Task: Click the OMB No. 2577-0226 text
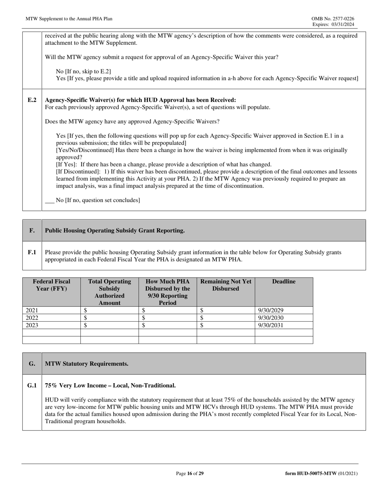[x=332, y=19]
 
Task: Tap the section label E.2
[x=32, y=100]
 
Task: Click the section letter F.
[x=32, y=230]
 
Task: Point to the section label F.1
[x=32, y=252]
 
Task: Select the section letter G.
[x=32, y=364]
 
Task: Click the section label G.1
[x=32, y=386]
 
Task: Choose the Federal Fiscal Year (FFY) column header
[x=52, y=285]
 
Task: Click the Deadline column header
[x=284, y=282]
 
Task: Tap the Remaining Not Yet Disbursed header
[x=226, y=285]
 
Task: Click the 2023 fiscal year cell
[x=32, y=325]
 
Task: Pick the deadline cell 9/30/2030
[x=271, y=318]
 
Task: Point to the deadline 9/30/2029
[x=271, y=310]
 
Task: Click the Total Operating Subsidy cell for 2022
[x=109, y=318]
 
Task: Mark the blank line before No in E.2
[x=50, y=201]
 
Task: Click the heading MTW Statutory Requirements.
[x=87, y=364]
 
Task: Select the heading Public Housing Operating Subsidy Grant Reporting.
[x=115, y=230]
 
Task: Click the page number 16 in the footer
[x=190, y=474]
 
